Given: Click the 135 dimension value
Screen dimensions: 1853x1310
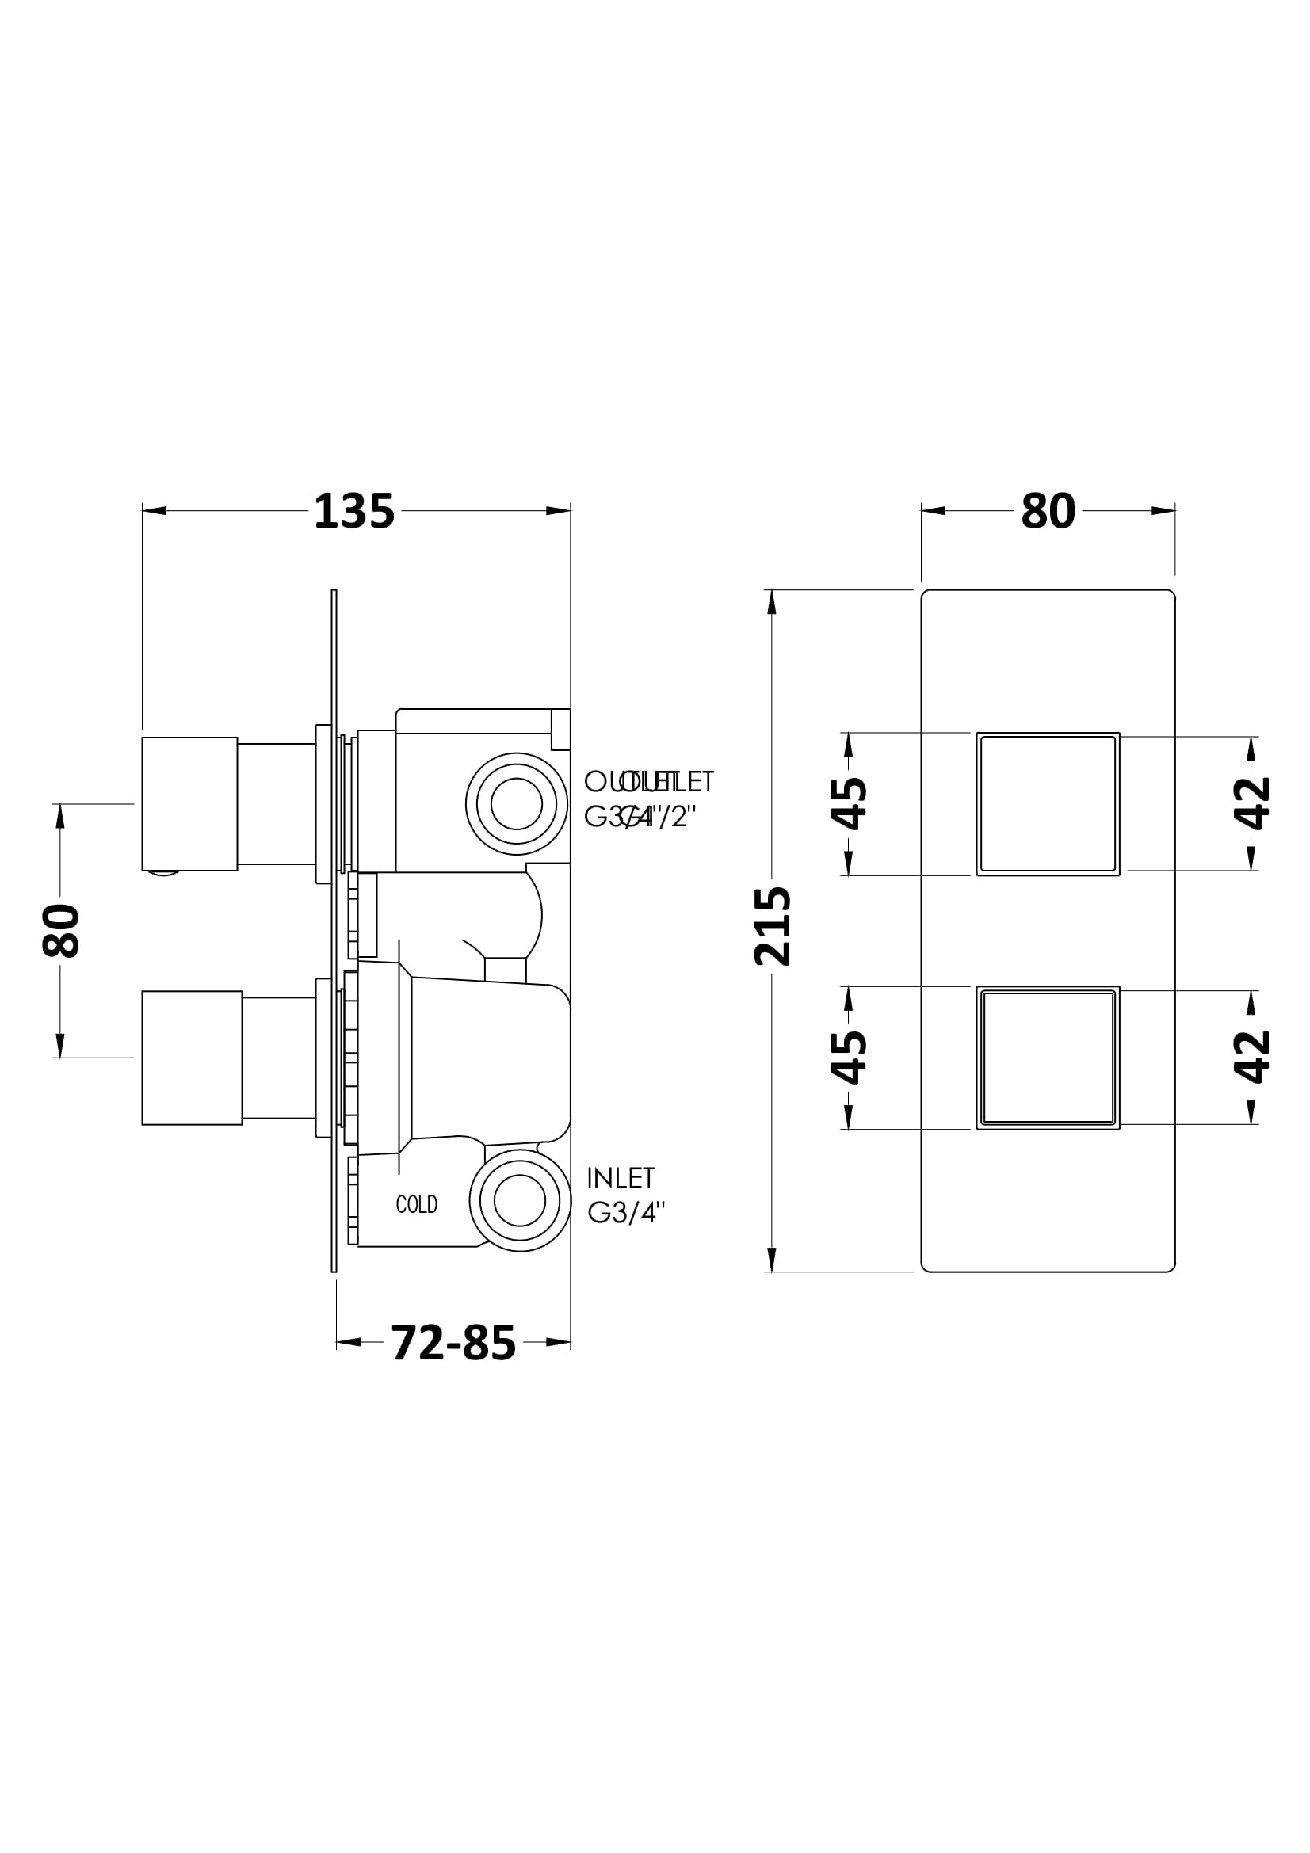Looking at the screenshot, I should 353,512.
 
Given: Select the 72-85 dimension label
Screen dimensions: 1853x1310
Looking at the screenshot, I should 453,1343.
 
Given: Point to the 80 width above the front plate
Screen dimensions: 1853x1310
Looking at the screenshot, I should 1048,512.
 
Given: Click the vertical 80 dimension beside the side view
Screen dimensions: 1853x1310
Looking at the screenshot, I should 60,931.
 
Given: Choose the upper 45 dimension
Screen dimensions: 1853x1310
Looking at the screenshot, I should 848,804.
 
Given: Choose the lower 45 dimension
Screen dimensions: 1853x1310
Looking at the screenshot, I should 848,1058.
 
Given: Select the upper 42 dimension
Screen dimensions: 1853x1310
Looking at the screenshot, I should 1251,804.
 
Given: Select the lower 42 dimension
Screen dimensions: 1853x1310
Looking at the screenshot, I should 1251,1058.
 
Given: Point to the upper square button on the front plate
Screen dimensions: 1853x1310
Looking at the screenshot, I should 1048,804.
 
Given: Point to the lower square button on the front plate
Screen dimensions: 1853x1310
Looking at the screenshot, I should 1048,1058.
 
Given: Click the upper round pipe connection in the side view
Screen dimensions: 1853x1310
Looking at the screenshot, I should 516,804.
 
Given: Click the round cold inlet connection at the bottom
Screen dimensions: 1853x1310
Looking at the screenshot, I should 520,1200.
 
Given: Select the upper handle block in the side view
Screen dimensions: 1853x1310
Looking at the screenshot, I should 189,804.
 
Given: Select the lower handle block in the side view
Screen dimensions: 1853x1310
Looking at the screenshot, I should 192,1058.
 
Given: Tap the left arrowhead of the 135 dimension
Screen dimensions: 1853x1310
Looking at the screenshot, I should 155,510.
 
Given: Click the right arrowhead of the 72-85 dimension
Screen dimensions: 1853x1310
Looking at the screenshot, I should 559,1342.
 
